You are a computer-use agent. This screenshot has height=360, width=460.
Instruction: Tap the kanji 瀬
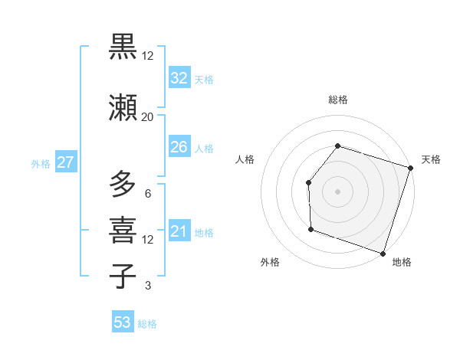123,108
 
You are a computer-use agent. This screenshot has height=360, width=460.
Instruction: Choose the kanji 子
123,276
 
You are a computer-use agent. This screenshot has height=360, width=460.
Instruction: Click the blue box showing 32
179,78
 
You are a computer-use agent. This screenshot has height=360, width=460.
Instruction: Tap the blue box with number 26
179,147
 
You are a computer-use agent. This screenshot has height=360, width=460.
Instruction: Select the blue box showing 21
179,231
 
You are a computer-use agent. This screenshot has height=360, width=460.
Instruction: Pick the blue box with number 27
65,162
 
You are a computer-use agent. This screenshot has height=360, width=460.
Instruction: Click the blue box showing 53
123,322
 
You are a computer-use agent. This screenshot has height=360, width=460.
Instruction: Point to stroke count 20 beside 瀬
147,116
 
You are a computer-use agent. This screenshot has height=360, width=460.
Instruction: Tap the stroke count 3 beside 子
147,286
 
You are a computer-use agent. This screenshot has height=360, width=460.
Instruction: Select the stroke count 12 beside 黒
147,55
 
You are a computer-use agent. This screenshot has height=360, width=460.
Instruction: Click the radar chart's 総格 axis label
337,100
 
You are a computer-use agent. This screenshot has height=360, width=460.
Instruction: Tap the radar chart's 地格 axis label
402,262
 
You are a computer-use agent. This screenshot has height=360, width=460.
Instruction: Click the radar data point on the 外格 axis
310,228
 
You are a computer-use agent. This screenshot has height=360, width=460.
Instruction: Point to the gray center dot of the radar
337,191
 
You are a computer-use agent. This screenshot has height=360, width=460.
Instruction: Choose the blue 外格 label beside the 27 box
41,163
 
